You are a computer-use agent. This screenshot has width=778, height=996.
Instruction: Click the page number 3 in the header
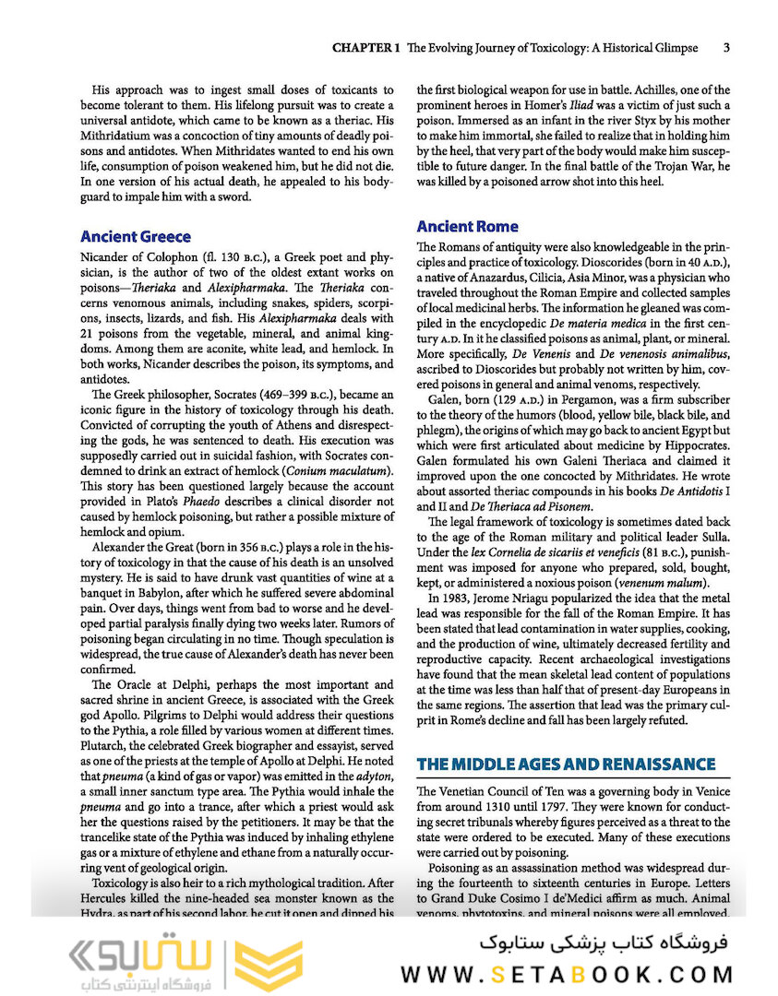tap(727, 47)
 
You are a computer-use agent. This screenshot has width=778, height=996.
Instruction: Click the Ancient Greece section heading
tap(136, 237)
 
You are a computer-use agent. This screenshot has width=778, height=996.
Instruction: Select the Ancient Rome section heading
tap(467, 226)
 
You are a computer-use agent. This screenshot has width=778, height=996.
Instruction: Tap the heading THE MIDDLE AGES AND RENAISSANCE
tap(566, 764)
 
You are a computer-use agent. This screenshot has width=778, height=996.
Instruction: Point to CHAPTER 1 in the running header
tap(365, 47)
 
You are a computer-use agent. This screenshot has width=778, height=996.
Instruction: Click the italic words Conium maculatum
tap(340, 471)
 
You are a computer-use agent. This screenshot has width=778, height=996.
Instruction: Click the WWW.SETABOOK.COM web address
tap(567, 974)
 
